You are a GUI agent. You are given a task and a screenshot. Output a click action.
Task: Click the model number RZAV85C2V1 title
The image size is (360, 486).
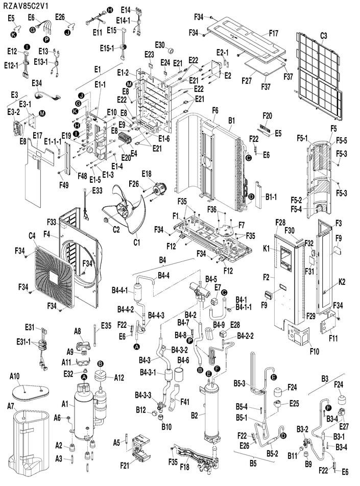(26, 6)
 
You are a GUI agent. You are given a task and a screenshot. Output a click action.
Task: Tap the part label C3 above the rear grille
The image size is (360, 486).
(323, 36)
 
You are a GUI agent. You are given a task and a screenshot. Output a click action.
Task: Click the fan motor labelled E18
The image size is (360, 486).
(159, 188)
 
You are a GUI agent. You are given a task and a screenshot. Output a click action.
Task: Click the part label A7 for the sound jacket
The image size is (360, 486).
(11, 405)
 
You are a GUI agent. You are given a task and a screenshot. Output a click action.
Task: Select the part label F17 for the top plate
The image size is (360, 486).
(274, 33)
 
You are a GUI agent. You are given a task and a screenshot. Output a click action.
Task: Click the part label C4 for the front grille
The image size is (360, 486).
(32, 236)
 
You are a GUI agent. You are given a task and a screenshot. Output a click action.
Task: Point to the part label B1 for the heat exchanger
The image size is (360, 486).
(232, 120)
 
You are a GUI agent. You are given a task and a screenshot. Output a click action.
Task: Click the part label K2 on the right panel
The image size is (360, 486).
(342, 282)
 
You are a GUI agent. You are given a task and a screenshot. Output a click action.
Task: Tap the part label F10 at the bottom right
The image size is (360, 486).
(315, 351)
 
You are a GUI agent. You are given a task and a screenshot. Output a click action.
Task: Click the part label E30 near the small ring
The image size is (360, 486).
(160, 45)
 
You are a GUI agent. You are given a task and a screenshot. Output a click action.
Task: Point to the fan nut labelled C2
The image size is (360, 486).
(106, 220)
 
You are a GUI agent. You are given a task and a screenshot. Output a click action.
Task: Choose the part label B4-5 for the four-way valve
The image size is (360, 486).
(211, 279)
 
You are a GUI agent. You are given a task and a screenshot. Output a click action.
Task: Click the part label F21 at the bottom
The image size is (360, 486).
(125, 465)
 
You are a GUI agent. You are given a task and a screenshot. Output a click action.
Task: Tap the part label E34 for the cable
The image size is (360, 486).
(37, 83)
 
